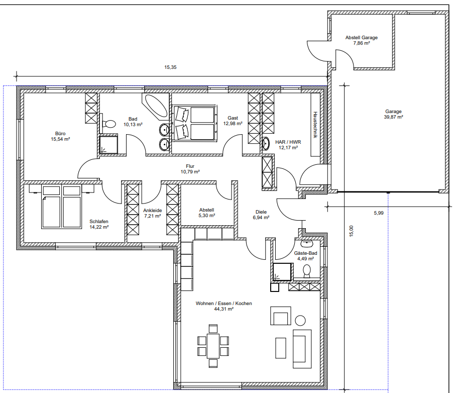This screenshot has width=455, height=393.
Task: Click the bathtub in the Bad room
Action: coord(155,107)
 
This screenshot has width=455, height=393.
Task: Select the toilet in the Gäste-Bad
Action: coord(306,271)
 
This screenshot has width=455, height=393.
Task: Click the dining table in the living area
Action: coord(213,346)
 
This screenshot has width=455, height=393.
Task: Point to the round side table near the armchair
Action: coord(300,321)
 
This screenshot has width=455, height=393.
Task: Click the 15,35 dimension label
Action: coord(170,67)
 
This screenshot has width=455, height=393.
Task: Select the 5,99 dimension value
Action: coord(379,213)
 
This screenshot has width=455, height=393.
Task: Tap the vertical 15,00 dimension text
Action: coord(352,231)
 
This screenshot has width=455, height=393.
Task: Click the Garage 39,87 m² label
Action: coord(394,114)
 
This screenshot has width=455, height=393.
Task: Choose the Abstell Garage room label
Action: coord(362,38)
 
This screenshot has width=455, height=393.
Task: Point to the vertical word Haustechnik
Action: coord(315,125)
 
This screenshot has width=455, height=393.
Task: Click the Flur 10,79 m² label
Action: coord(190,169)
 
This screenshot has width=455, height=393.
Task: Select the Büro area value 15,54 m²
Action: coord(60,139)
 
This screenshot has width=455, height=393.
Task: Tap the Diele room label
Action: coord(261,212)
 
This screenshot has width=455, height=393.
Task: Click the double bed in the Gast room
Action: coord(194,123)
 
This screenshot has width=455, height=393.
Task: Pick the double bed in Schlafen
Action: coord(61,207)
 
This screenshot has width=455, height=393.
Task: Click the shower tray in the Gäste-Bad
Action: coord(282,272)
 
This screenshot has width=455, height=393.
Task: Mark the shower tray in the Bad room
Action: coord(109,144)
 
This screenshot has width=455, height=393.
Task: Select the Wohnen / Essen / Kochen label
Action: coord(223,304)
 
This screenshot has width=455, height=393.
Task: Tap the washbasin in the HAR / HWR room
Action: coord(266,144)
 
